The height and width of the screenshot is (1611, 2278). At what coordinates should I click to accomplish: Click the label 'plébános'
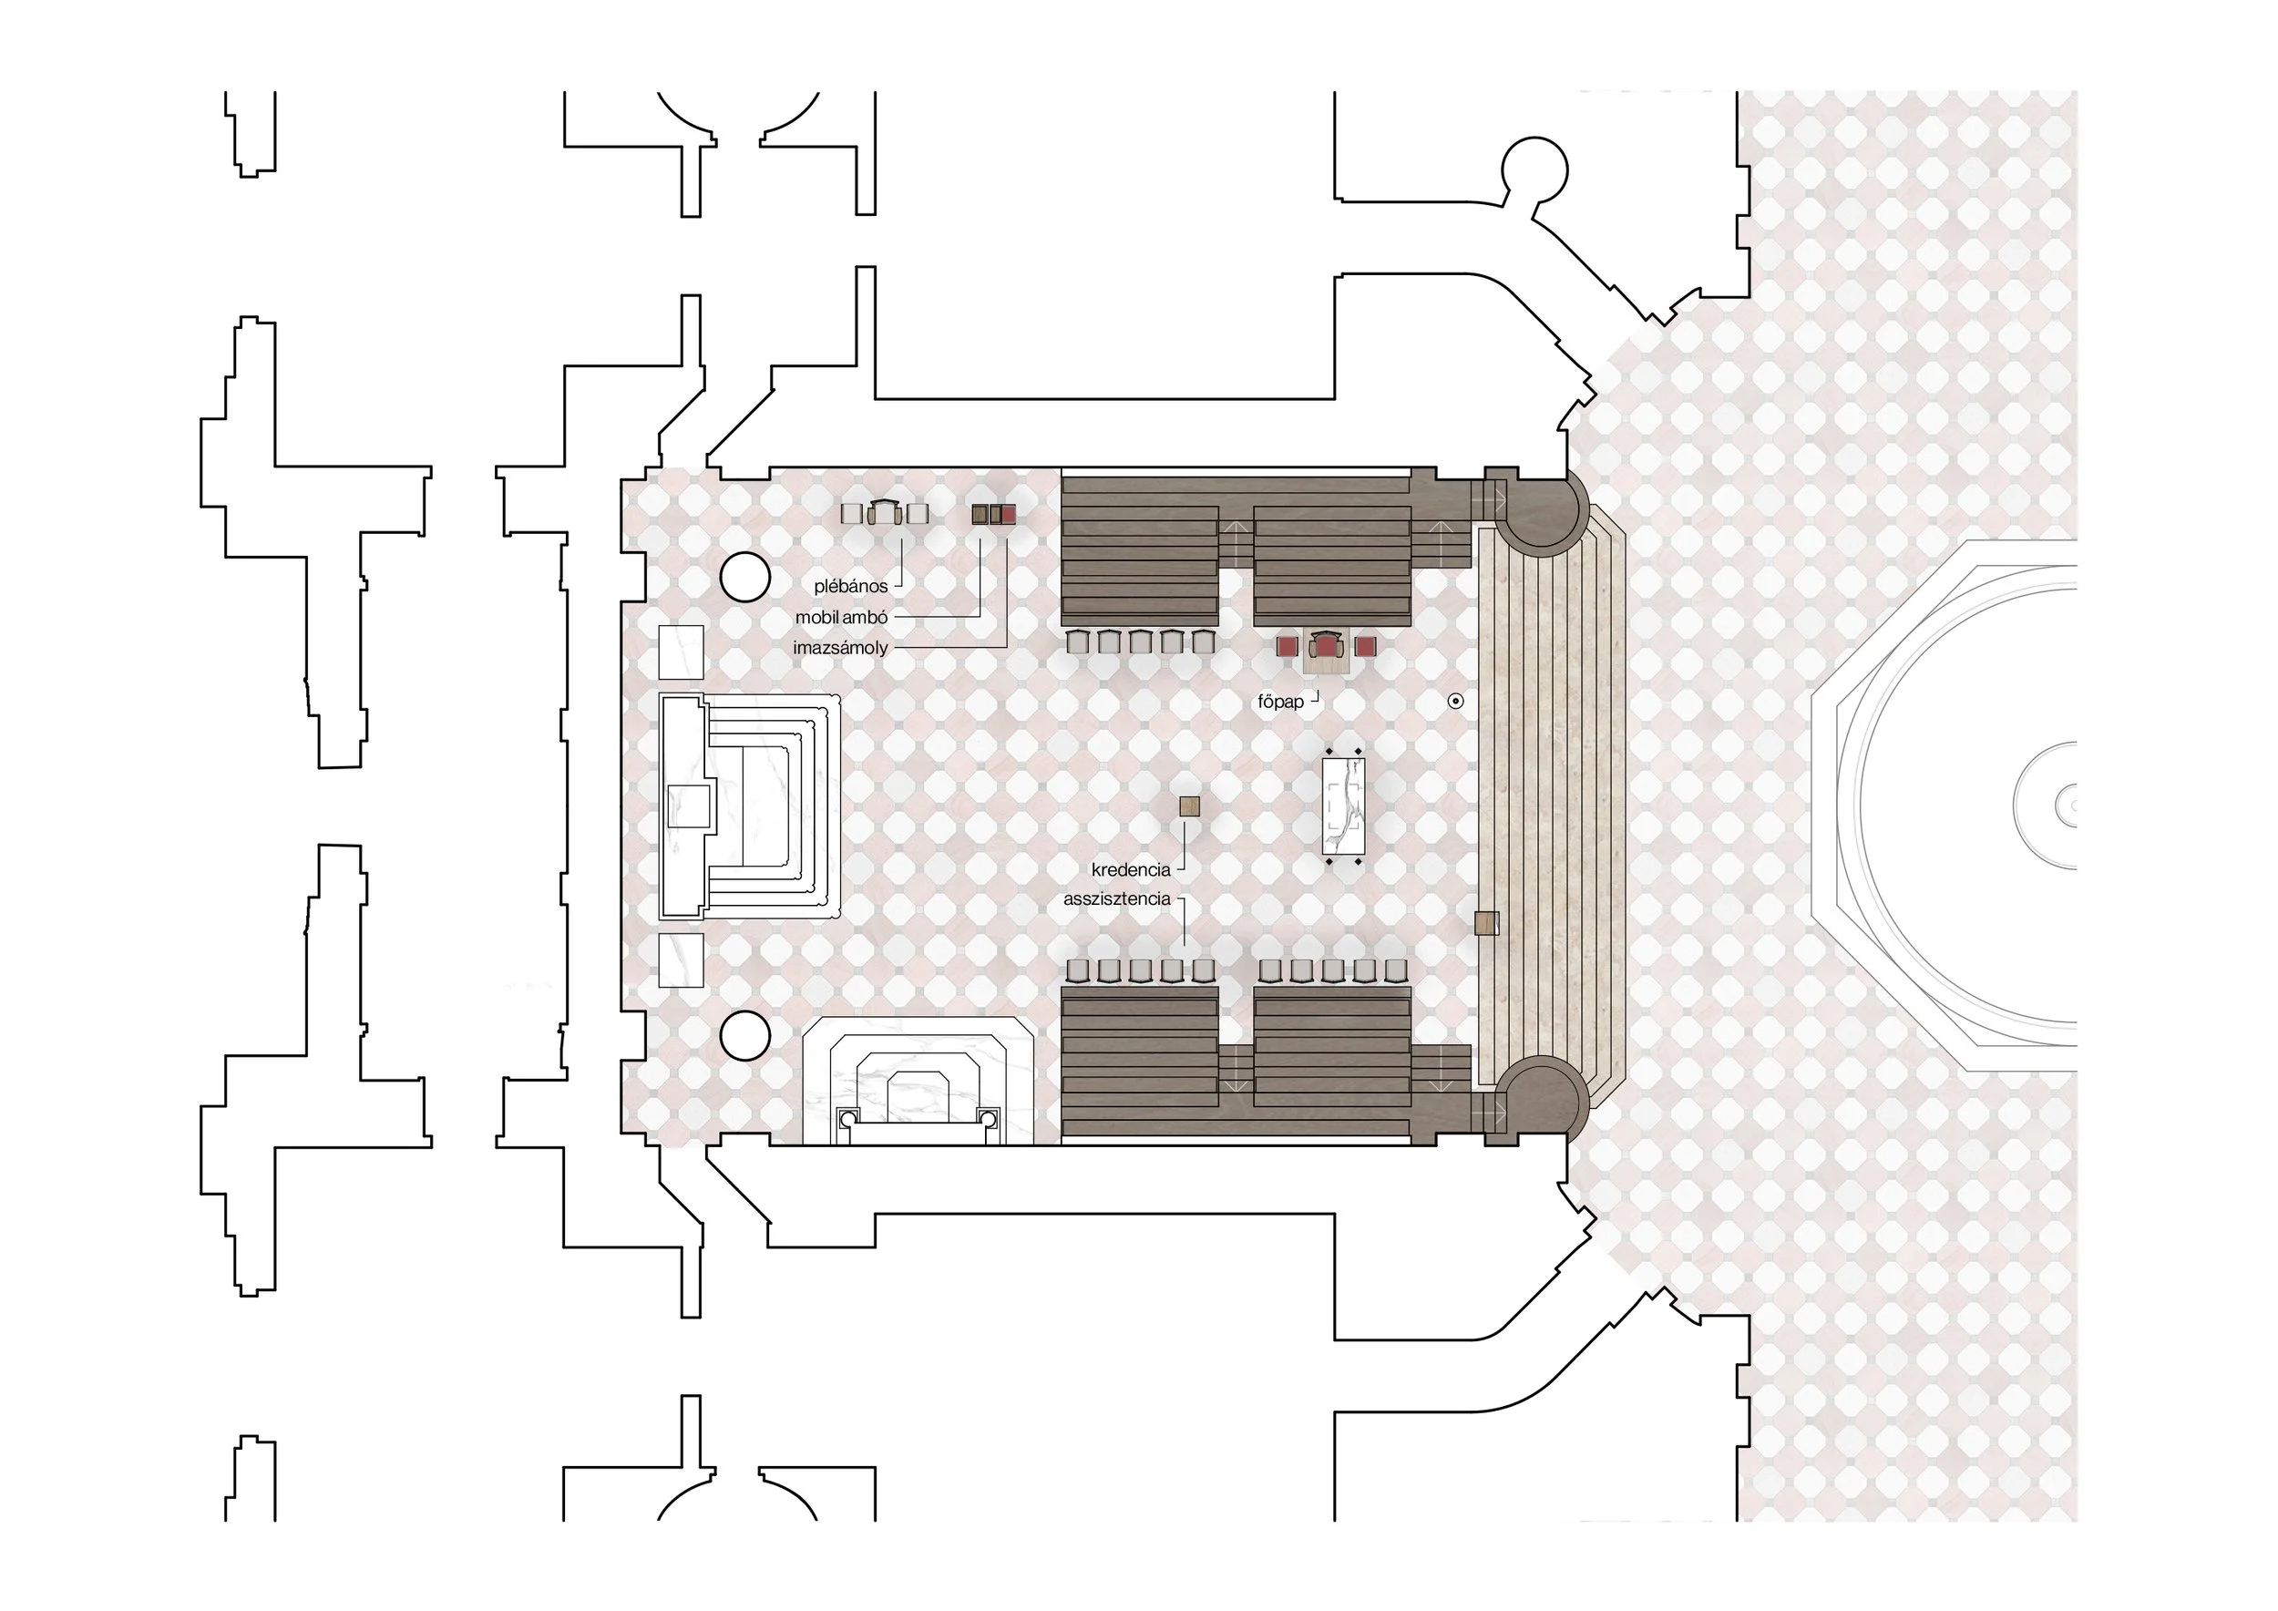point(850,586)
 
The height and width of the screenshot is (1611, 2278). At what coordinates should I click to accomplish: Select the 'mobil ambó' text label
point(841,617)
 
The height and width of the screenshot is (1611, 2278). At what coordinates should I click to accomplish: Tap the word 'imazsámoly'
point(840,648)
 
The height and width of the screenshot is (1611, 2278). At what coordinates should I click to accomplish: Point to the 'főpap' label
point(1281,702)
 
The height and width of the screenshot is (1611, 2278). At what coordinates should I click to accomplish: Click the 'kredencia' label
point(1131,870)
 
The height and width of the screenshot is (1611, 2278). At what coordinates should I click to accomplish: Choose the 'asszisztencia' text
point(1117,898)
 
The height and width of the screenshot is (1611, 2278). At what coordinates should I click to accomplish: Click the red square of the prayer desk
point(1009,514)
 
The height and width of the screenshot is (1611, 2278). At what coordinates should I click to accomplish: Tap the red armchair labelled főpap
point(1327,646)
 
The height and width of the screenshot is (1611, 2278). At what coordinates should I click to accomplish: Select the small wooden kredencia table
point(1190,806)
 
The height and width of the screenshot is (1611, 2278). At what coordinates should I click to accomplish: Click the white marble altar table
point(1343,806)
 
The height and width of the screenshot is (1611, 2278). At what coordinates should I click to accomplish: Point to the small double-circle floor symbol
point(1455,702)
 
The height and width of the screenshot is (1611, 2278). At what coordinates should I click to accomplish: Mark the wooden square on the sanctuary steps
point(1486,924)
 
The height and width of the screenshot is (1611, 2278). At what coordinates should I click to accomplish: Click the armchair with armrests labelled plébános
point(887,512)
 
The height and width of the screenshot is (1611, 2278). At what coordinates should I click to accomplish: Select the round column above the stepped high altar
point(745,577)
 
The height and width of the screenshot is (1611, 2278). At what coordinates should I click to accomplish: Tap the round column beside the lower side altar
point(745,1037)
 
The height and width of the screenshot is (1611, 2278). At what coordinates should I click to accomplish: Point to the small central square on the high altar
point(690,806)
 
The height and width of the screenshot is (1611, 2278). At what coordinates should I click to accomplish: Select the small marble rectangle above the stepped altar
point(681,652)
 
